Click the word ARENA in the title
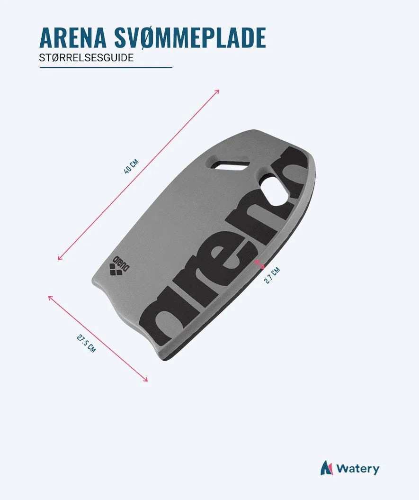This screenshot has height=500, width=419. (72, 37)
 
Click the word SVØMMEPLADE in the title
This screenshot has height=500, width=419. (190, 37)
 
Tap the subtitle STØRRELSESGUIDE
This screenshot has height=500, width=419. (86, 58)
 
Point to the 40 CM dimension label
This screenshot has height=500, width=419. (131, 166)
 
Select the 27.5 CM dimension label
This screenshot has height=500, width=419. (86, 343)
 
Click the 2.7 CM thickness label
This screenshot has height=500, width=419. (272, 275)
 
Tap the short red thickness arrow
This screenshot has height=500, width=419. (259, 264)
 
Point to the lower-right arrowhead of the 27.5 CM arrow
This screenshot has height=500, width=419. (145, 379)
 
